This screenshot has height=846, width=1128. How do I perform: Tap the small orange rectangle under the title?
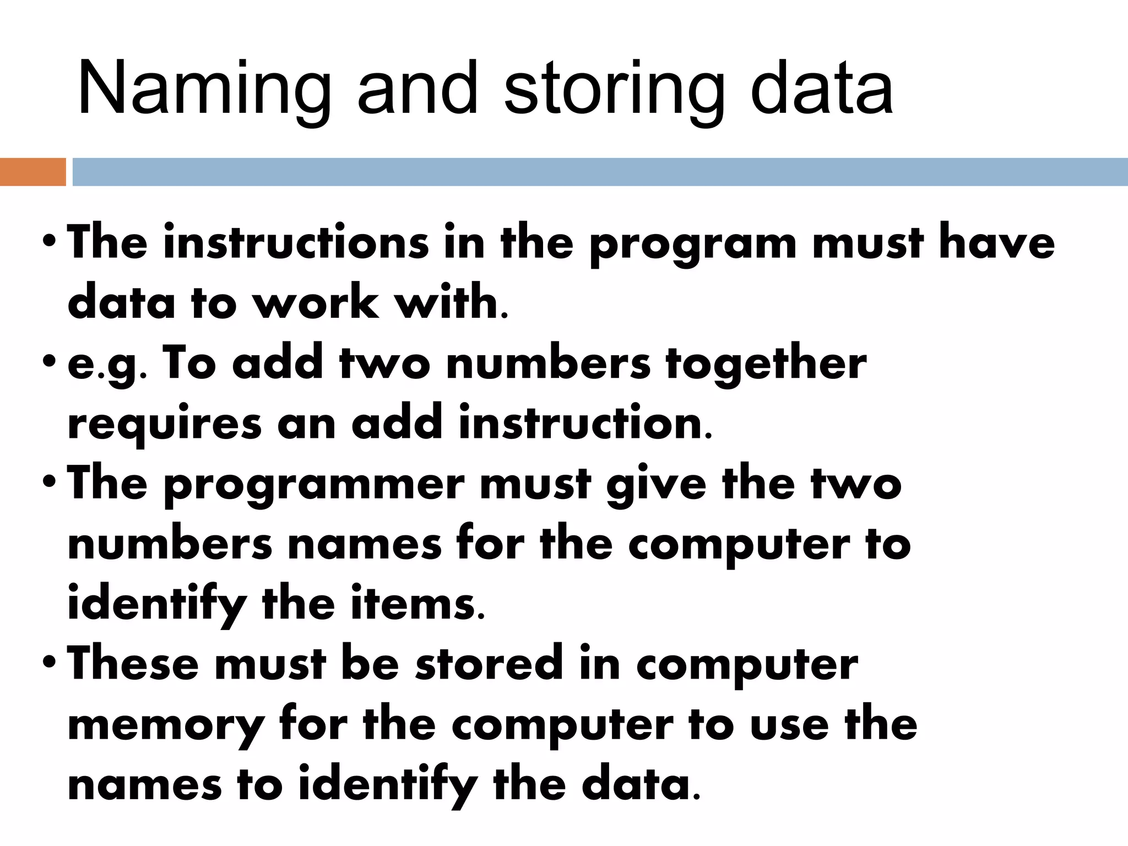pos(32,172)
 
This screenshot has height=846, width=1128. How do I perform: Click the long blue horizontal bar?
pos(600,172)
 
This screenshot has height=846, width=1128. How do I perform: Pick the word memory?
pos(165,726)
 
